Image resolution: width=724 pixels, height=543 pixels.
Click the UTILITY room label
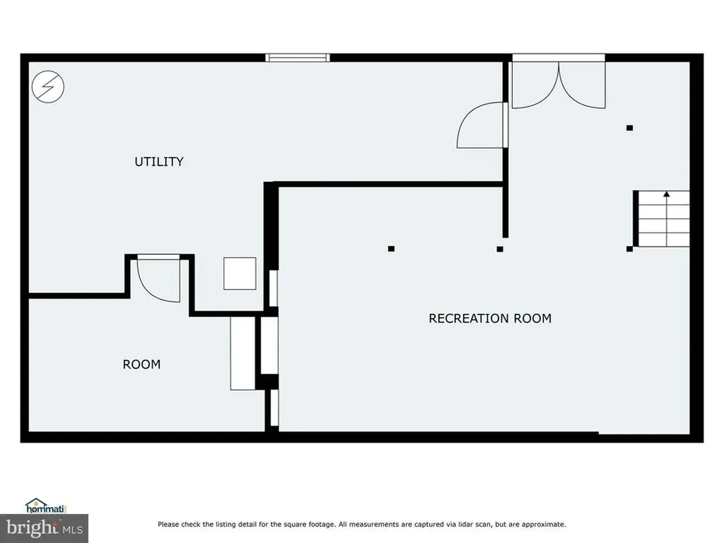[159, 162]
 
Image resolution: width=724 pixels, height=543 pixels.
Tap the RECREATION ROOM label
[490, 318]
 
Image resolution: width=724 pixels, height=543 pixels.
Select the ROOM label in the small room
[141, 365]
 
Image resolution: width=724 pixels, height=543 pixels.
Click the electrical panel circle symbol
[48, 87]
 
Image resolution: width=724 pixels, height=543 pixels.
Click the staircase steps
[663, 219]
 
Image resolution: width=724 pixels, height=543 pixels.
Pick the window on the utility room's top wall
[297, 57]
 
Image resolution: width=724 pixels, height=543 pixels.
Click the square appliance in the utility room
[240, 274]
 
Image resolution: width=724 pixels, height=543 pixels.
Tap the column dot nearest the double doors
[629, 128]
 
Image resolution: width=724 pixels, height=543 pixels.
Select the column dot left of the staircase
[629, 248]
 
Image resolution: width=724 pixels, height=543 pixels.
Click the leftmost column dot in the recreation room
[391, 248]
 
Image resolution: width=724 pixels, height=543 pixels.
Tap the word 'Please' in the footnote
[168, 525]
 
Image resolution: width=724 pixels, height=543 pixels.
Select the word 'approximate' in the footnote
[544, 525]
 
